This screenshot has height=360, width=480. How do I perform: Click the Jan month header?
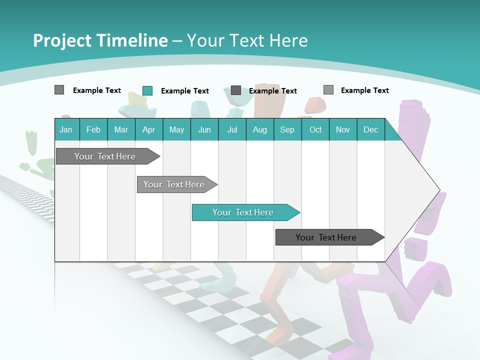tap(66, 129)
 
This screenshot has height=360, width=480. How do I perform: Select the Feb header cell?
tap(93, 129)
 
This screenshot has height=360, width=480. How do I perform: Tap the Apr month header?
tap(149, 129)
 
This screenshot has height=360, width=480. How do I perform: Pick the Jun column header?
tap(204, 129)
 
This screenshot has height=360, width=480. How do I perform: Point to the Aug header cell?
tap(260, 129)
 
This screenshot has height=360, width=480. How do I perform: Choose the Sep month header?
tap(287, 129)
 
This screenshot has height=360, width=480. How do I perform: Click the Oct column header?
tap(315, 129)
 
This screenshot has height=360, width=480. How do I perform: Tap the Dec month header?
tap(371, 129)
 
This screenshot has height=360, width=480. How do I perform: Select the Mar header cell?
tap(121, 129)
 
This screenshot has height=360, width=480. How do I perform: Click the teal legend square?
tap(147, 90)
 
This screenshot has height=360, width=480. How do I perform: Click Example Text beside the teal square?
tap(184, 91)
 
